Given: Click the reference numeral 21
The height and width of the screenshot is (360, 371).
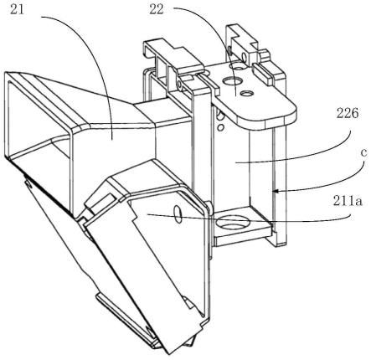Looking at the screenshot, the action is pos(18,9).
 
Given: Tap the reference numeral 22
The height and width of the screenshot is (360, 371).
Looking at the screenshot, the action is pos(157,9).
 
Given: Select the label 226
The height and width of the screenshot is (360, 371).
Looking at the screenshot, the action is pos(348,114).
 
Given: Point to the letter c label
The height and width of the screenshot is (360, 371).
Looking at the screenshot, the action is pos(363,152).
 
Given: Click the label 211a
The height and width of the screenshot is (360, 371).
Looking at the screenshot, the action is pos(348,201).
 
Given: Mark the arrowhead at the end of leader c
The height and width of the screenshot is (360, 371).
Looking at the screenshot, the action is pos(275,191).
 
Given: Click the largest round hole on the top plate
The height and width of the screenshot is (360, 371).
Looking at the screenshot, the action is pos(232,81).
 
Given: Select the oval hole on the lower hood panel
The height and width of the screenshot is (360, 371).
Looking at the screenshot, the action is pos(178,214).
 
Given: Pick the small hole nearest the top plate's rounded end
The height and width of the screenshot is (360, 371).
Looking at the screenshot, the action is pos(246,93).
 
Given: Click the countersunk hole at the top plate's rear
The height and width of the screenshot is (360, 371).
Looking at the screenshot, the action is pos(238,67).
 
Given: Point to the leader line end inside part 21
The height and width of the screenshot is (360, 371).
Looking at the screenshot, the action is pos(111,140).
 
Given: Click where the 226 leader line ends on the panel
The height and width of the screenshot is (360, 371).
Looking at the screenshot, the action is pos(235,163).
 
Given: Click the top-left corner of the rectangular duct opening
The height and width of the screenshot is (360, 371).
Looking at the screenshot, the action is pos(6,73).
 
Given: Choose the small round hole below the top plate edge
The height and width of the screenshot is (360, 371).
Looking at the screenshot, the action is pos(220,127).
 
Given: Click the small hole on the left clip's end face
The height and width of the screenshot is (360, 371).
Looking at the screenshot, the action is pos(179,83).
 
